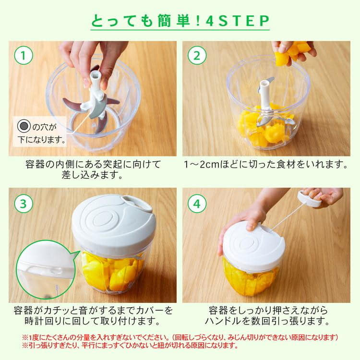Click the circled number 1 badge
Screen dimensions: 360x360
tap(24, 55)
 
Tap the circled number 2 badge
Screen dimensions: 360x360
tap(197, 55)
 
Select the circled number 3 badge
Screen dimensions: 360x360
tap(24, 204)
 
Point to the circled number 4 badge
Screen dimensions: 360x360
tap(197, 204)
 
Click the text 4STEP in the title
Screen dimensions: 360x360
tap(238, 21)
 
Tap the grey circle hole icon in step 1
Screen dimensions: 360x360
tap(24, 126)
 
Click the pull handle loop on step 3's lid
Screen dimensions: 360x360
tap(137, 203)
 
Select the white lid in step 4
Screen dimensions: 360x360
tap(254, 244)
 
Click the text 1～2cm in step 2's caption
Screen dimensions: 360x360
tap(202, 164)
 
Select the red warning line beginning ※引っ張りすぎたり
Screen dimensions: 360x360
tap(130, 345)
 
